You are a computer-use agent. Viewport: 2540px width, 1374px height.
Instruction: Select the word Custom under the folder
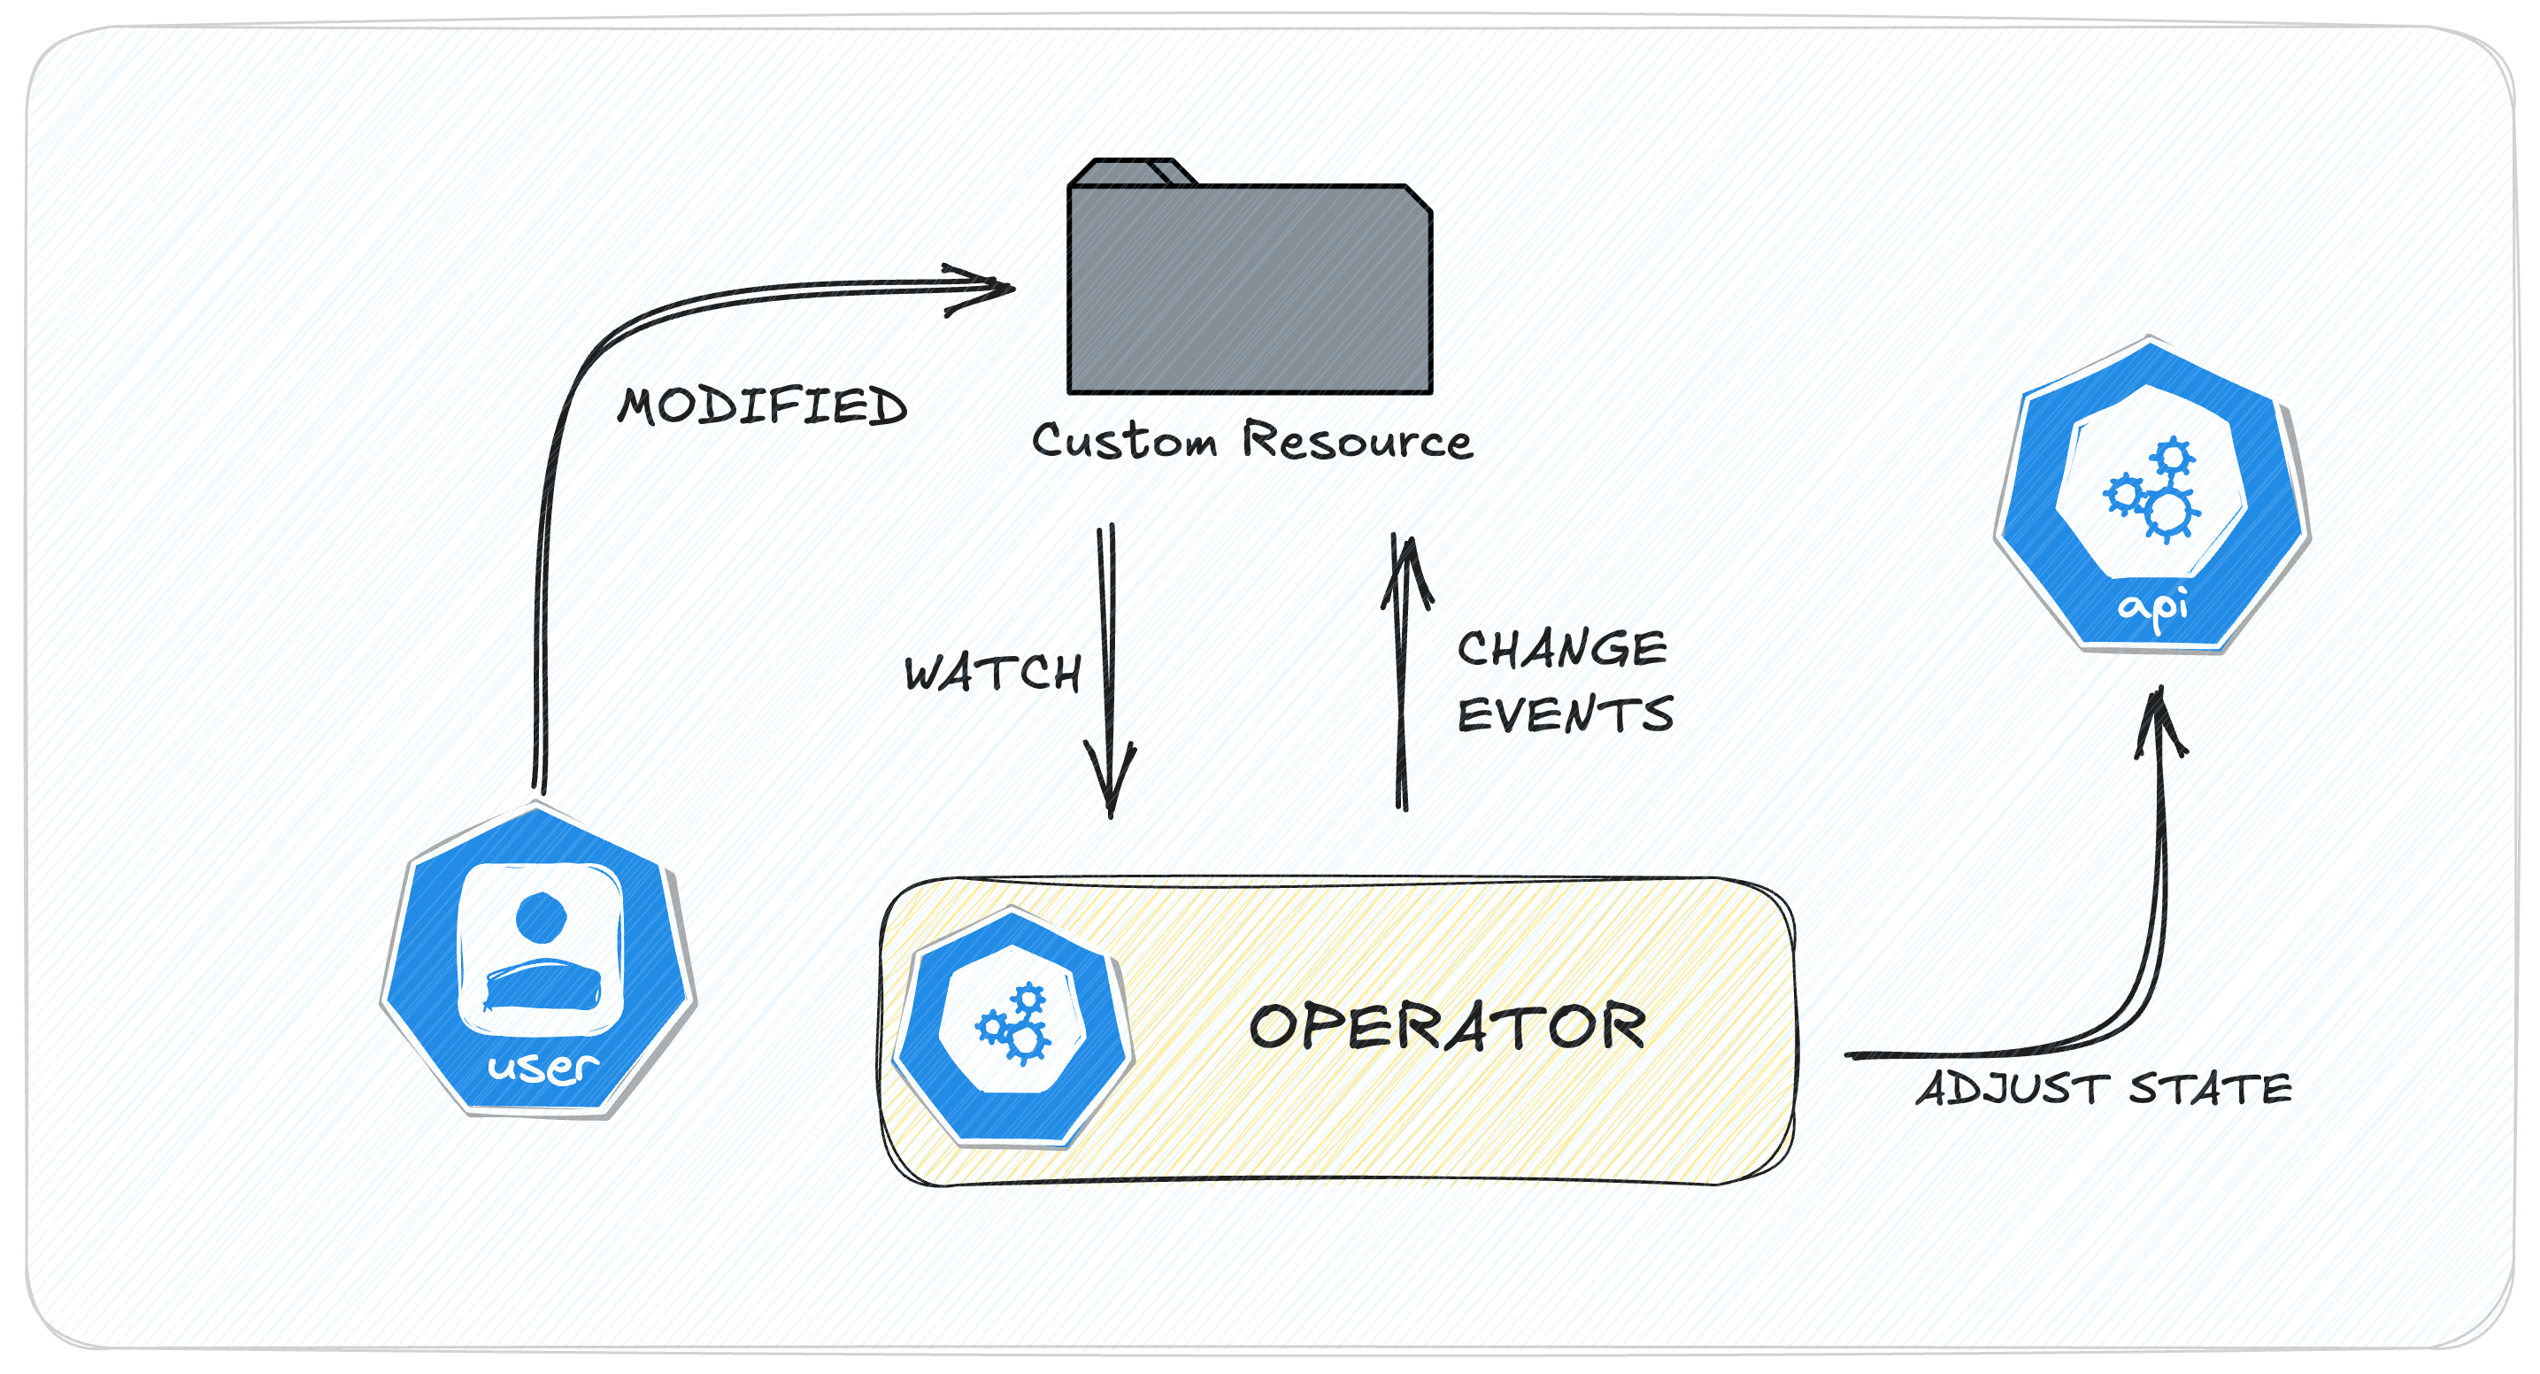tap(1124, 441)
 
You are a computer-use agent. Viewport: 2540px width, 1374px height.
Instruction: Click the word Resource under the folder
tap(1357, 440)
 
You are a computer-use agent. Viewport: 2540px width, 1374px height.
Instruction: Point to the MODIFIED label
tap(761, 406)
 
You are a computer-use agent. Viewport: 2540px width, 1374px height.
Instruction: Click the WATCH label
tap(992, 673)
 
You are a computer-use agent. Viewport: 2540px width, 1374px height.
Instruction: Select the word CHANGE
tap(1561, 649)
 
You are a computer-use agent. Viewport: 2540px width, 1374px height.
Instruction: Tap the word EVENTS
tap(1565, 714)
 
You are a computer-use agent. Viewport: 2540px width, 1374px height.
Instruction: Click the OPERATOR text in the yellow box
tap(1446, 1026)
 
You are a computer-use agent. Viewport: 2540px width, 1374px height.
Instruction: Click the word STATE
tap(2210, 1089)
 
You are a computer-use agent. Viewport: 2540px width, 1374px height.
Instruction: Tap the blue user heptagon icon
tap(538, 961)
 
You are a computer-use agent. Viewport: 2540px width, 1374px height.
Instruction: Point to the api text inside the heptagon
tap(2153, 607)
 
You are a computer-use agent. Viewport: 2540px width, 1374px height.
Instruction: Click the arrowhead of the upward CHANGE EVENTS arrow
tap(1408, 567)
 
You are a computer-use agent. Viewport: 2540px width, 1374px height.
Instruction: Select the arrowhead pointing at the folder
tap(986, 288)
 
